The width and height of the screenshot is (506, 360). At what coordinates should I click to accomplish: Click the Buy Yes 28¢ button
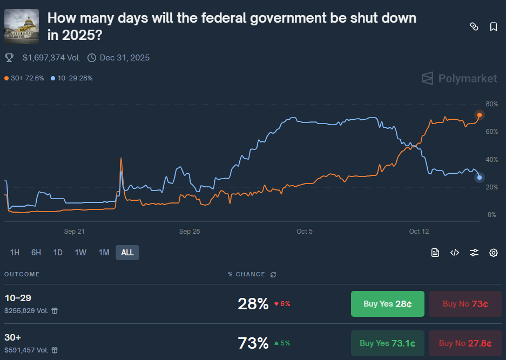pos(387,304)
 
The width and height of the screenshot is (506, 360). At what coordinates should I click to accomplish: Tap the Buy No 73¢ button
pos(465,304)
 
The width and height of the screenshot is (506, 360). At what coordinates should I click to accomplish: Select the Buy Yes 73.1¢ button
pos(387,343)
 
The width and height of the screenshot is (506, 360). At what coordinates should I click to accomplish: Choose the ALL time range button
pos(127,253)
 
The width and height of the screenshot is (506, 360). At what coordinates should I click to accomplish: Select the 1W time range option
pos(80,253)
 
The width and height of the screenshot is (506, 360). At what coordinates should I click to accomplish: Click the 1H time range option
pos(15,253)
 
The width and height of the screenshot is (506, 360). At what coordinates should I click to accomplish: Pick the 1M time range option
pos(104,253)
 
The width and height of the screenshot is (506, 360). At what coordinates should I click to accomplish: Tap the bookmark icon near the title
pos(494,26)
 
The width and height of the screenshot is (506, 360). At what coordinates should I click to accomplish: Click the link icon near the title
pos(474,26)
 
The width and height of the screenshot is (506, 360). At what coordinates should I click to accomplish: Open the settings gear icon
pos(493,253)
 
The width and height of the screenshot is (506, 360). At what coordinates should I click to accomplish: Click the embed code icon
pos(454,253)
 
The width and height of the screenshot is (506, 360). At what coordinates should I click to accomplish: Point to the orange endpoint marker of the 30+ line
pos(480,115)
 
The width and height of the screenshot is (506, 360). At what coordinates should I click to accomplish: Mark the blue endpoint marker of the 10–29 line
pos(480,178)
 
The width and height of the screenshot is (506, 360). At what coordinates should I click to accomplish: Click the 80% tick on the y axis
pos(491,104)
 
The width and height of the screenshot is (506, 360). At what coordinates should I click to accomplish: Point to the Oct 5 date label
pos(305,232)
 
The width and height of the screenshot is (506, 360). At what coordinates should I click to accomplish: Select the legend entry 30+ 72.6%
pos(25,78)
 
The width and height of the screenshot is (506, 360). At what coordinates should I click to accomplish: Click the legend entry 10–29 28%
pos(72,78)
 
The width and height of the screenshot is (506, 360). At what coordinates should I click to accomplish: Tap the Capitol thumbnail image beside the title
pos(22,26)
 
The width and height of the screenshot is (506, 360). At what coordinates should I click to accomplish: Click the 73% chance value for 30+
pos(253,343)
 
